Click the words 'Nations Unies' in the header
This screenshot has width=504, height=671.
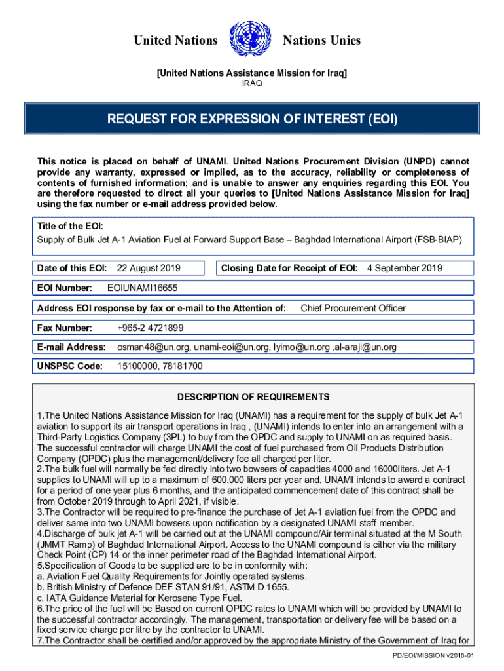(x=321, y=41)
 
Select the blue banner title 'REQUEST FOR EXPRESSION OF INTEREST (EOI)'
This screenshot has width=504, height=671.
(x=253, y=120)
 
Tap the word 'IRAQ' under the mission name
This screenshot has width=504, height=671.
(x=252, y=83)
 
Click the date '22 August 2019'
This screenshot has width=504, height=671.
(x=149, y=268)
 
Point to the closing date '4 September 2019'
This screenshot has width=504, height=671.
(x=405, y=268)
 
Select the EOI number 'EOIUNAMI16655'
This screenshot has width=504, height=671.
(x=142, y=288)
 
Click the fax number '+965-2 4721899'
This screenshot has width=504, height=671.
(x=150, y=328)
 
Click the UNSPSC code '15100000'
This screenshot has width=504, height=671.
(x=135, y=367)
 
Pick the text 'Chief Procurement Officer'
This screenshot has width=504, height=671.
(x=353, y=308)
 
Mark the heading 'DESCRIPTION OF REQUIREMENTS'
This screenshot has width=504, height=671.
(x=253, y=397)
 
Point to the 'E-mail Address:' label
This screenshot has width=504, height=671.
(x=71, y=347)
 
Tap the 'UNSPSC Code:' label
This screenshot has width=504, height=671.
(x=70, y=367)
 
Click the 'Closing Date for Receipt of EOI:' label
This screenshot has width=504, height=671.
(x=289, y=268)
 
